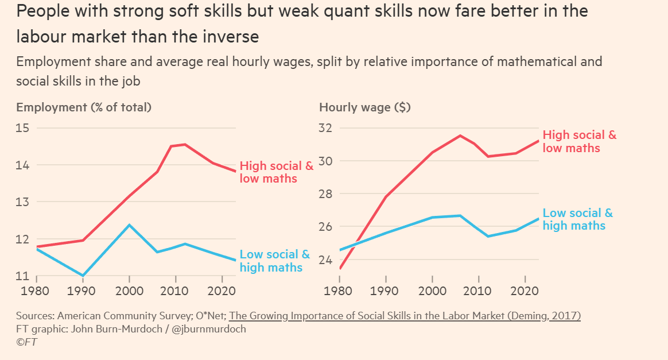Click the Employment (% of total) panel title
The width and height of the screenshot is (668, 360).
pos(84,107)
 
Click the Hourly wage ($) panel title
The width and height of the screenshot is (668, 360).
pos(365,107)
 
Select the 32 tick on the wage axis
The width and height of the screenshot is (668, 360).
pos(326,128)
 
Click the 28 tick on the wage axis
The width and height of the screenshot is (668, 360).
pos(326,194)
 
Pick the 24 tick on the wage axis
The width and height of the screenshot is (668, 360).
pos(326,260)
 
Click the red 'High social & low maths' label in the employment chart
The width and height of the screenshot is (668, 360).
pos(276,172)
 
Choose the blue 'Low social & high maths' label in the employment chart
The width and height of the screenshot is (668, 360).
pos(274,261)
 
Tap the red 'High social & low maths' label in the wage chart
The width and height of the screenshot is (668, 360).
pos(579,141)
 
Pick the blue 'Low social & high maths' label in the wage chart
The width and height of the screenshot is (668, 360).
pos(577,219)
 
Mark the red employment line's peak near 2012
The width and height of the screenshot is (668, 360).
pos(184,144)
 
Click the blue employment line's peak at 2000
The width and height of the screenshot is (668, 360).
pos(129,224)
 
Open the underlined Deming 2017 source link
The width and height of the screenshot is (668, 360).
pos(405,316)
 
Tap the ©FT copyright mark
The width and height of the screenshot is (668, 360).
pos(27,342)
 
